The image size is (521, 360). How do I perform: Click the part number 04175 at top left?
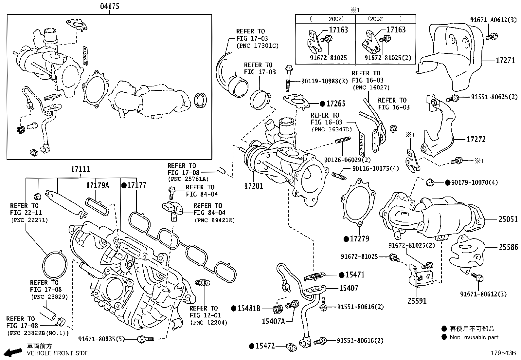109,7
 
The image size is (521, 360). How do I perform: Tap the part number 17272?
476,139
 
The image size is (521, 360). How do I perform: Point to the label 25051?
508,219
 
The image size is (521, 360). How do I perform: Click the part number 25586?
508,248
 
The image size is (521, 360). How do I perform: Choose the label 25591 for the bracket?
417,300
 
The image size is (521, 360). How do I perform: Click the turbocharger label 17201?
253,186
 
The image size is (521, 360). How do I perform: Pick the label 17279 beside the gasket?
359,239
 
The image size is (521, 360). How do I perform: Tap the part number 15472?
265,346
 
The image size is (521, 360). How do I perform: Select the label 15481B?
249,308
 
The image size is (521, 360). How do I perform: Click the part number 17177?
136,185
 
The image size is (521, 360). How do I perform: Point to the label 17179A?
98,185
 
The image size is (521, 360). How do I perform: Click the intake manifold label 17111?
80,169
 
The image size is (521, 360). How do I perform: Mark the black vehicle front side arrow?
13,352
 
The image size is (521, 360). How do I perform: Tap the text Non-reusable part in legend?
474,337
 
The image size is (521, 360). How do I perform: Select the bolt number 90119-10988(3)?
320,81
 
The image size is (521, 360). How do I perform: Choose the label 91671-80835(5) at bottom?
101,339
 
